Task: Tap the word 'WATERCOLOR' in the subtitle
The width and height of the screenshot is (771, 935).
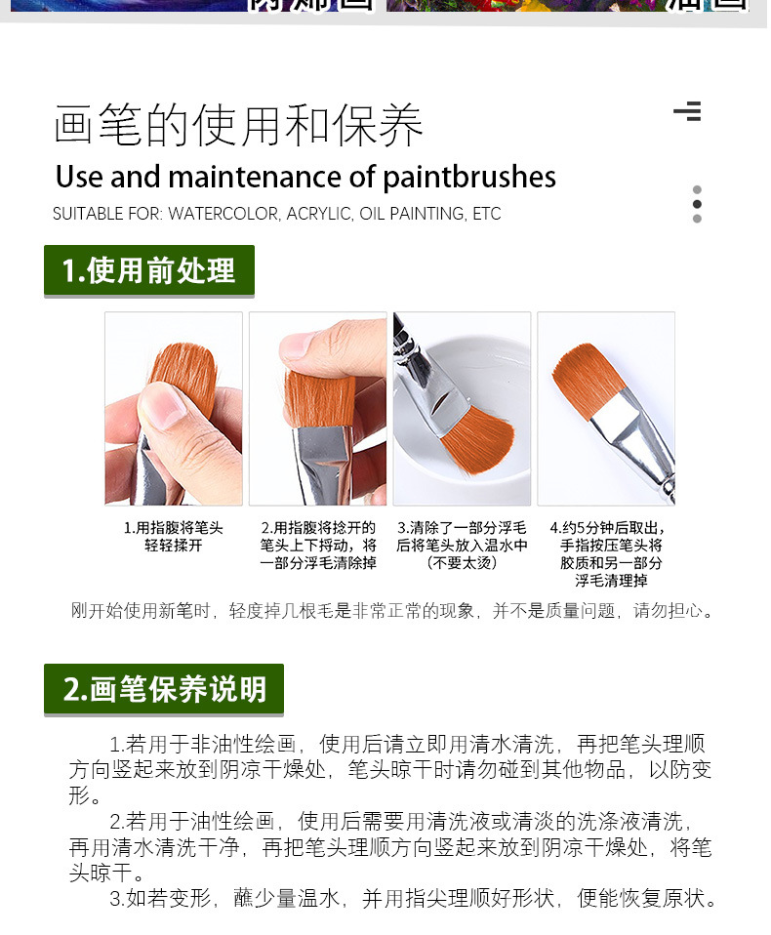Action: (223, 214)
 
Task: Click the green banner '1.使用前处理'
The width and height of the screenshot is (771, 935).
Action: (148, 270)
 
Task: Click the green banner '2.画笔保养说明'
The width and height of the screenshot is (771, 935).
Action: (164, 689)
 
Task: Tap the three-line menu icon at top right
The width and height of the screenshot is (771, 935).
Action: (687, 111)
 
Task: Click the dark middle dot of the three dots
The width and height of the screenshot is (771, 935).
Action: (697, 204)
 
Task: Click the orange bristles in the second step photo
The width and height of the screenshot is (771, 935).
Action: (319, 395)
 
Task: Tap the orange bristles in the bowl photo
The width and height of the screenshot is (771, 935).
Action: (477, 440)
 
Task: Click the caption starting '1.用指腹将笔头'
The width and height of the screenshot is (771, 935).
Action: (173, 536)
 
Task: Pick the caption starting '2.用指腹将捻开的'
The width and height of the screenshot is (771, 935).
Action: (317, 545)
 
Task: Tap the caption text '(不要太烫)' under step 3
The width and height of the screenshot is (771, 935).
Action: (462, 563)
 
